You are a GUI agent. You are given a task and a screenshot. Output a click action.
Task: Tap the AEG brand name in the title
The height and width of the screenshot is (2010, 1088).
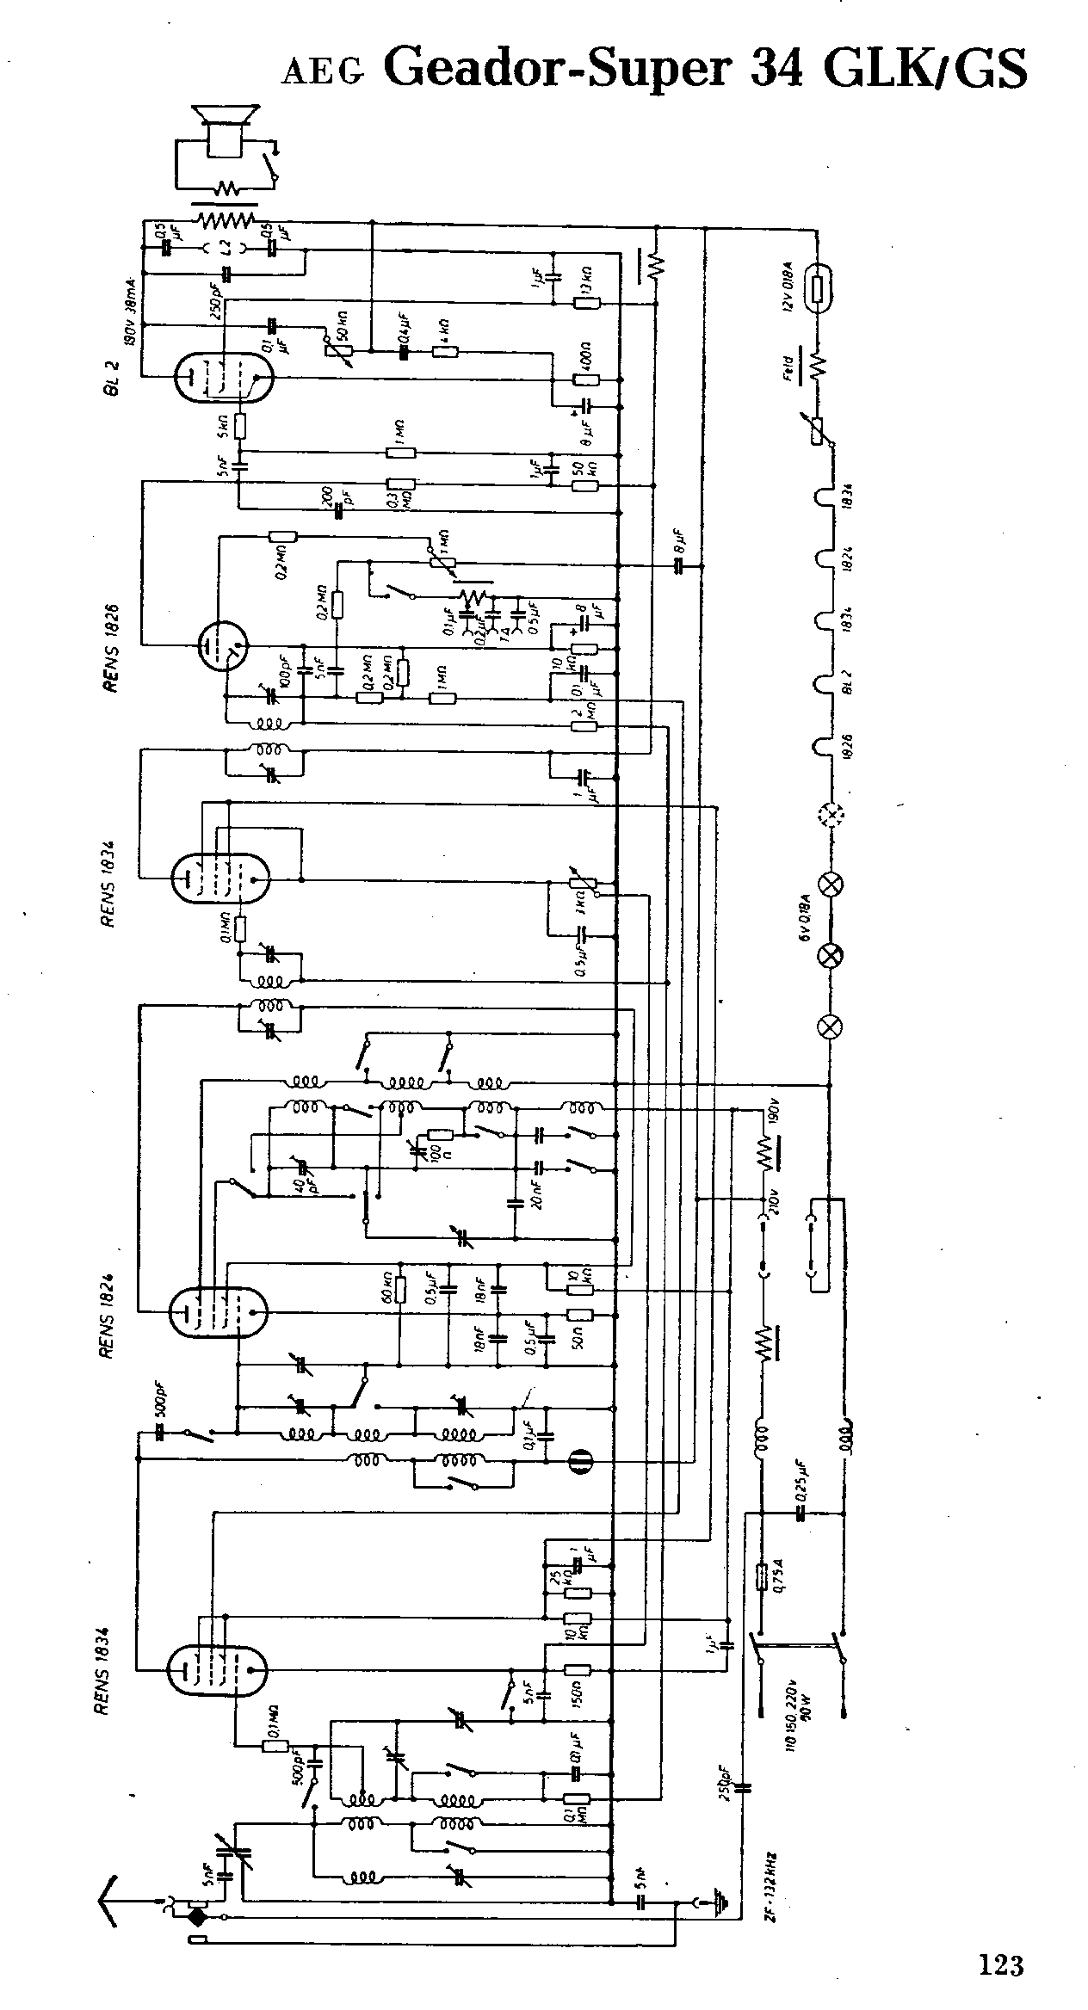tap(322, 73)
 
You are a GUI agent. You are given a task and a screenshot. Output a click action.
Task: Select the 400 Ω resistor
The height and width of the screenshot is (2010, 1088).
tap(585, 379)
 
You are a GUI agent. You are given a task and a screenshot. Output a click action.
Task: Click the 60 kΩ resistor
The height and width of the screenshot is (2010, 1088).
tap(399, 1289)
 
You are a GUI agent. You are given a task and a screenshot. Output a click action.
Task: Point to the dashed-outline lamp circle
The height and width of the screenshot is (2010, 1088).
tap(831, 811)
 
